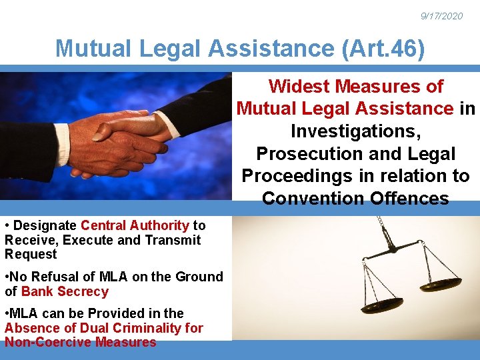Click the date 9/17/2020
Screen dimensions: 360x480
(x=441, y=16)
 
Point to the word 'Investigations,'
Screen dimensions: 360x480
(x=355, y=131)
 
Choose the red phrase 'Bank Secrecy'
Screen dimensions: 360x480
(x=65, y=291)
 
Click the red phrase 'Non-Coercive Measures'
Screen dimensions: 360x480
(x=81, y=342)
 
